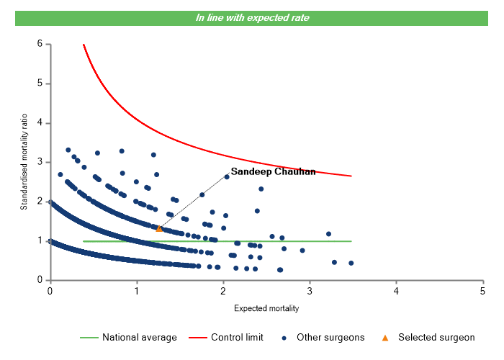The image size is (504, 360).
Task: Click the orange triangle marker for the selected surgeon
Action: click(159, 228)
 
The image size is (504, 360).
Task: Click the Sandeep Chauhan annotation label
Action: click(273, 172)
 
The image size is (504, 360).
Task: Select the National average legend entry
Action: click(128, 337)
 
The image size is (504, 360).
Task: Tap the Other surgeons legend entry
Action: click(324, 337)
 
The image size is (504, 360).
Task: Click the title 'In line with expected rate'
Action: click(252, 17)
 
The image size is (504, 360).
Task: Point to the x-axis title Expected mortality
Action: click(266, 308)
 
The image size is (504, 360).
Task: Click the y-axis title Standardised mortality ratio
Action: click(24, 162)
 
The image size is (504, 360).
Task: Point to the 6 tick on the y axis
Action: click(40, 44)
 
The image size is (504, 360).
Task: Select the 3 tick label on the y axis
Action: click(40, 162)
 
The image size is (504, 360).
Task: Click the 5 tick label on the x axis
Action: click(482, 290)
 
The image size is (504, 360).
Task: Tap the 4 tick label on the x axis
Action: click(396, 290)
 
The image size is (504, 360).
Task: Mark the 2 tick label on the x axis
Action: click(223, 290)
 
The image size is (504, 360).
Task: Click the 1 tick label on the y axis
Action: click(40, 240)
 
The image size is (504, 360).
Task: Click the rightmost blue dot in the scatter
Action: click(351, 263)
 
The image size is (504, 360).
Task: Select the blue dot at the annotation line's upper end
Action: click(227, 176)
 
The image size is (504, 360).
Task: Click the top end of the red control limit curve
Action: click(84, 45)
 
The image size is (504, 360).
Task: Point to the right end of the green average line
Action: click(351, 241)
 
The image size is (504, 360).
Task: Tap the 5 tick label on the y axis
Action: click(40, 84)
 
